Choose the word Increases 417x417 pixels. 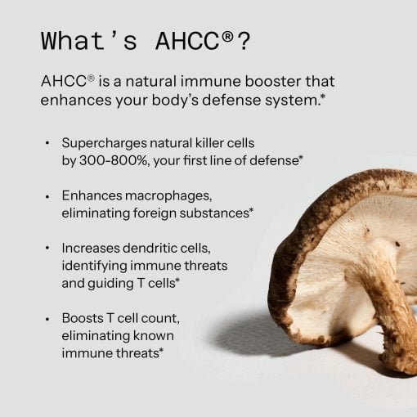pos(91,248)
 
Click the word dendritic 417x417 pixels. pos(152,248)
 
